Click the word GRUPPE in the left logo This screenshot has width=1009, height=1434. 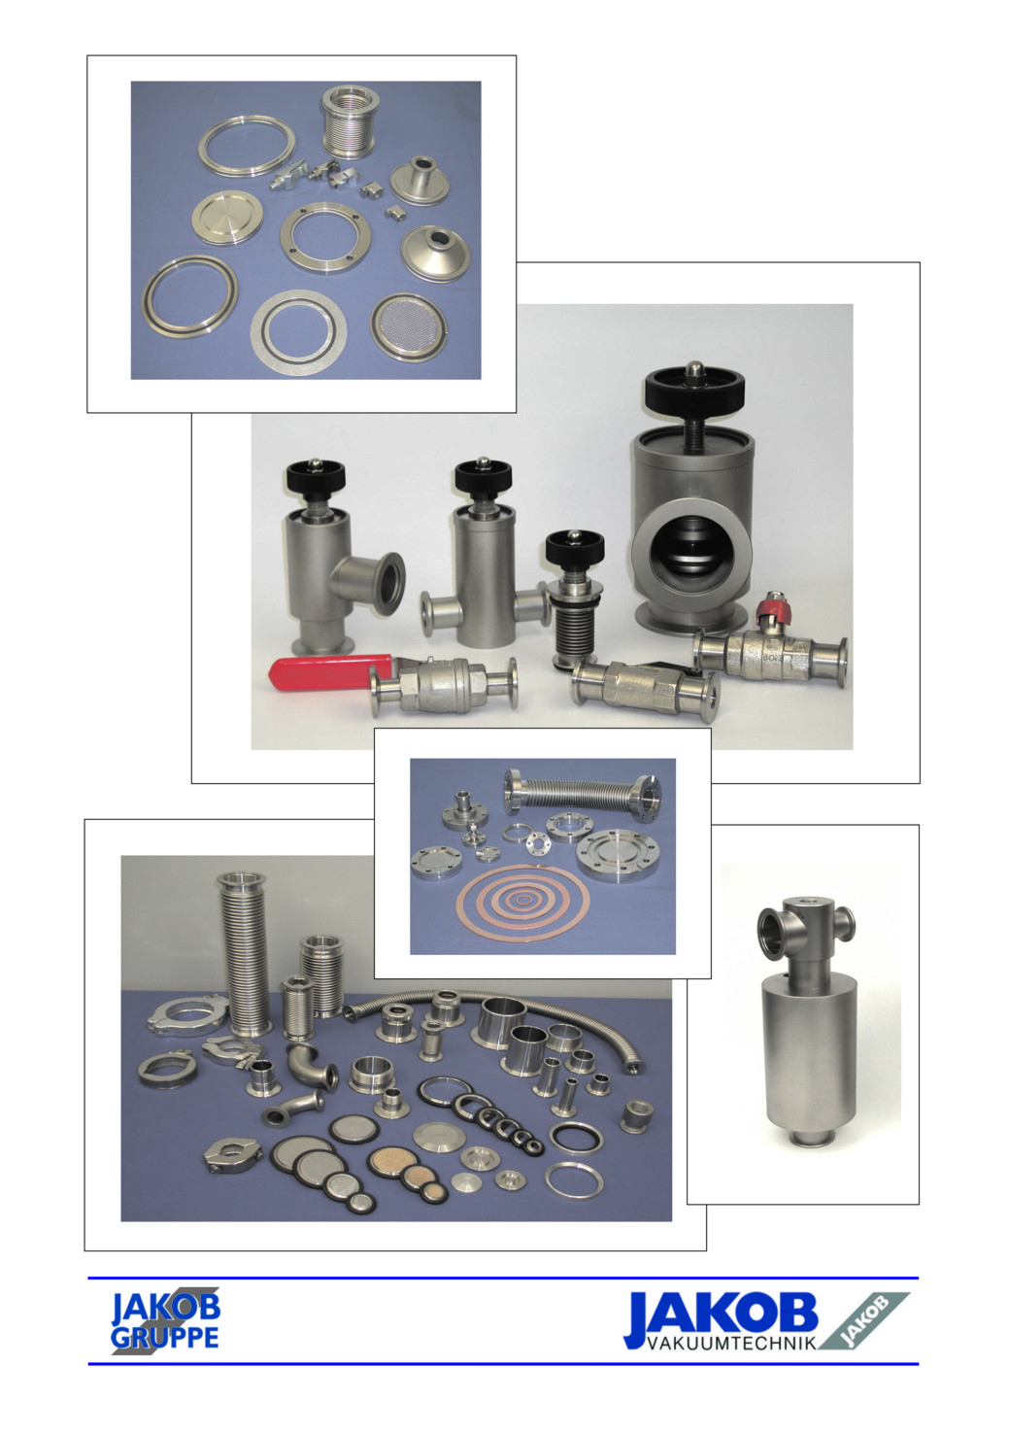(x=164, y=1338)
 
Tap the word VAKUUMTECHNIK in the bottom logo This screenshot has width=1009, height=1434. (x=731, y=1343)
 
